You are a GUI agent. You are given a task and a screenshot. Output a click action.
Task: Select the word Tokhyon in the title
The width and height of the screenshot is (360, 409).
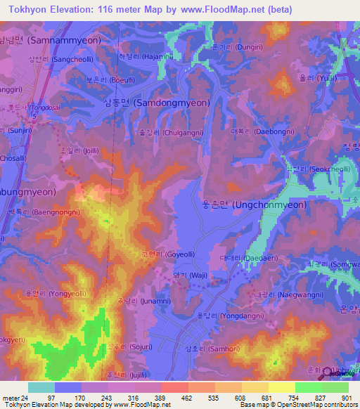pos(30,10)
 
